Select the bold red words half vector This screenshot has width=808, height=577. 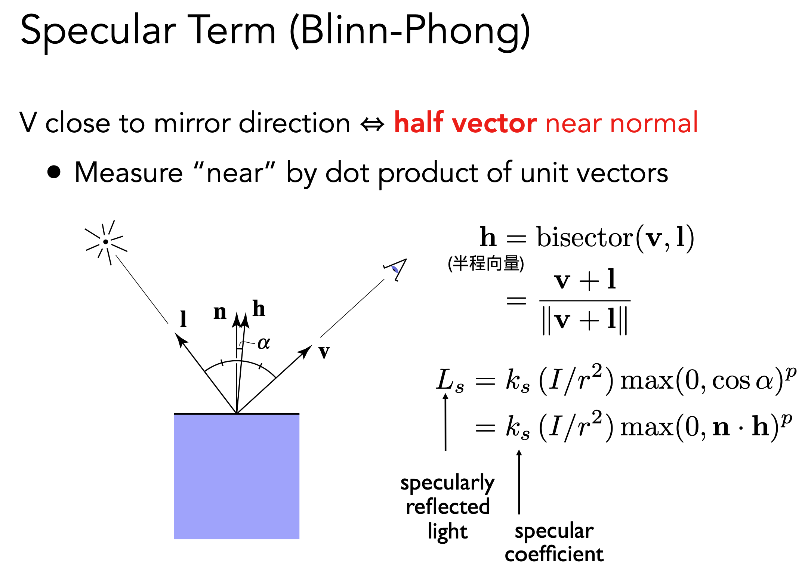466,123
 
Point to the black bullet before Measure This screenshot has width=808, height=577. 54,172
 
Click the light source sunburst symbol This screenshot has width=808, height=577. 106,242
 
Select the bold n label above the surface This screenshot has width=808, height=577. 220,312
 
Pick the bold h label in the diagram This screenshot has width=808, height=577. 259,309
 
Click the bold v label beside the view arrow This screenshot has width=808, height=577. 324,352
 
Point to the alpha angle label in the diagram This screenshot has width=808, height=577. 264,343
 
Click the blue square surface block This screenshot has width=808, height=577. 237,476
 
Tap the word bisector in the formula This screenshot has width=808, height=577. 585,237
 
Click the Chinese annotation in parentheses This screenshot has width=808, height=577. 485,263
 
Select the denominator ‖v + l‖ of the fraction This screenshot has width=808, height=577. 585,321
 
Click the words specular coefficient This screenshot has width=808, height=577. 554,542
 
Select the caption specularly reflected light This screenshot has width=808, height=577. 447,507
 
